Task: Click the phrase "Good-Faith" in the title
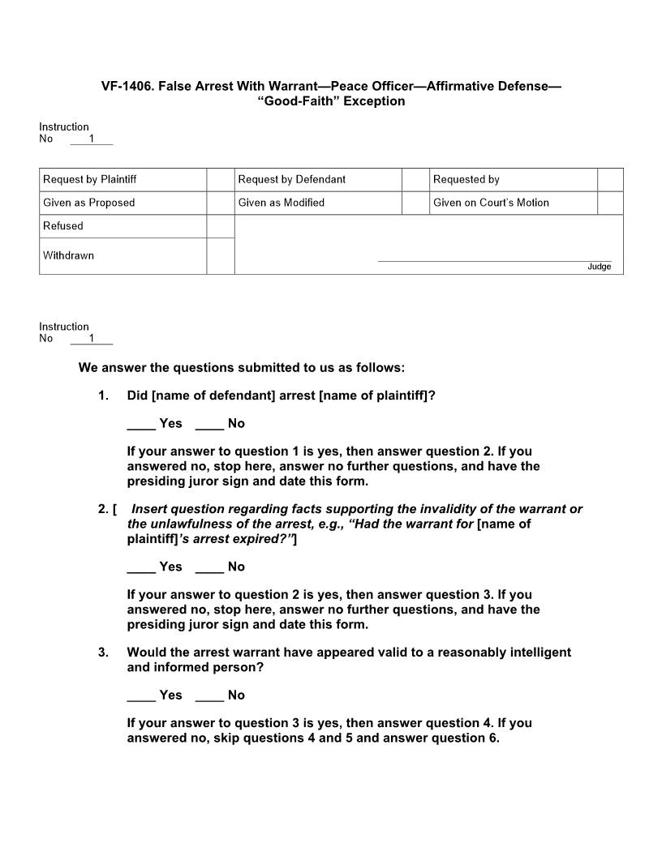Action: [299, 101]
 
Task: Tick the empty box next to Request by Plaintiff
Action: [220, 180]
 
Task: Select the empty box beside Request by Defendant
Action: [415, 180]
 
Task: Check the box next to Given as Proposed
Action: [220, 203]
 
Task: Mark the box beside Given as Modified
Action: [415, 203]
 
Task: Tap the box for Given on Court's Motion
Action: [610, 203]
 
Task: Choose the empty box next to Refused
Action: [220, 226]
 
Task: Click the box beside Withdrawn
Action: [220, 256]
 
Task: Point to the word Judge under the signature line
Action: [600, 267]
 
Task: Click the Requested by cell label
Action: [466, 180]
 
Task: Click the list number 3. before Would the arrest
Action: [103, 653]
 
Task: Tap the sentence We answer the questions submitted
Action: [241, 368]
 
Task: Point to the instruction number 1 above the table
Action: [92, 139]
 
